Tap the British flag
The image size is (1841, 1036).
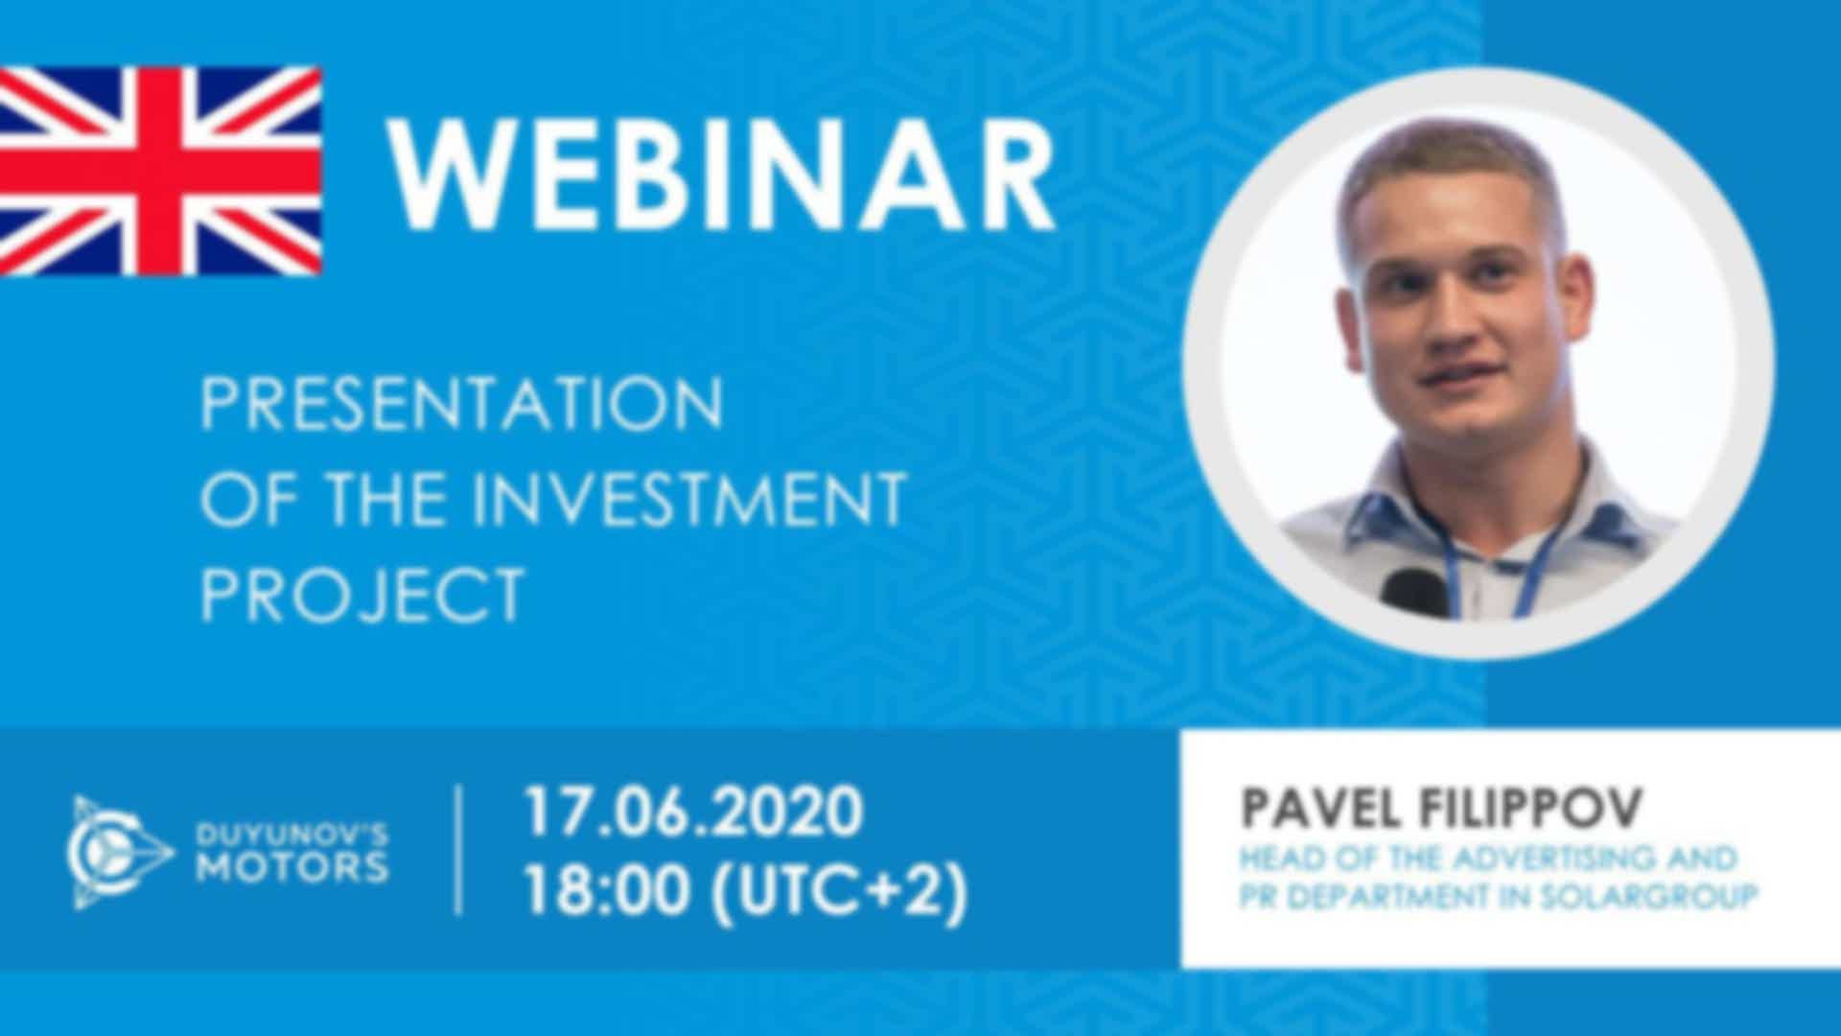tap(160, 171)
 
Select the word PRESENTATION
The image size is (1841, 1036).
tap(461, 403)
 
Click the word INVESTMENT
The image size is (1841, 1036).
tap(687, 498)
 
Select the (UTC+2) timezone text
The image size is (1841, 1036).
tap(838, 892)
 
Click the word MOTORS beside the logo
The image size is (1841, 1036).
tap(291, 867)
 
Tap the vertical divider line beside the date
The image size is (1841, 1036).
tap(458, 850)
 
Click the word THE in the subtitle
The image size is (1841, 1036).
tap(387, 498)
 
